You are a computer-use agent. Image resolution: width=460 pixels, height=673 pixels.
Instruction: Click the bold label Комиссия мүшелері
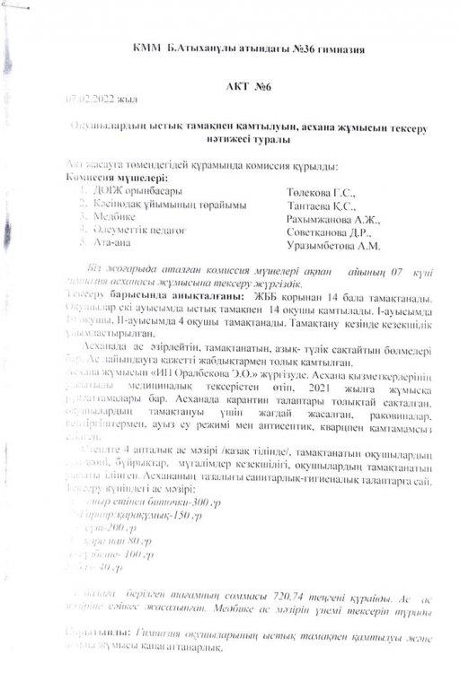(111, 178)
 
